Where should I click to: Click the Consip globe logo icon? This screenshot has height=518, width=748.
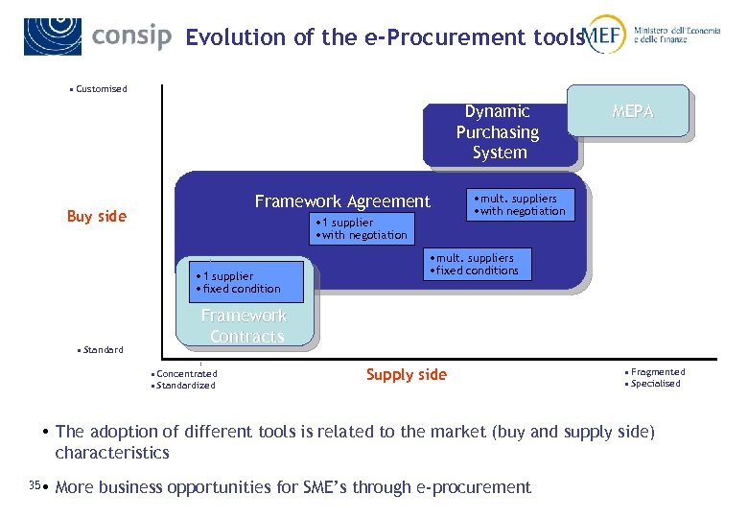53,35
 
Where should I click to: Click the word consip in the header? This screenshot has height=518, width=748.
131,36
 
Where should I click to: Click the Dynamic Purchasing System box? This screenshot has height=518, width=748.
499,132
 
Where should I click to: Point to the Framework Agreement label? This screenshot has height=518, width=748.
342,201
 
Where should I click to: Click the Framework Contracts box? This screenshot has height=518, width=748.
244,326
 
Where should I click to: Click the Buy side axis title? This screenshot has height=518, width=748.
96,217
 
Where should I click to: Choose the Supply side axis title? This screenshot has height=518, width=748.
407,375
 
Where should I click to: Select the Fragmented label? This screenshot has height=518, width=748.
657,371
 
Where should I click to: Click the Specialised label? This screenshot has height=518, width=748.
655,384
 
